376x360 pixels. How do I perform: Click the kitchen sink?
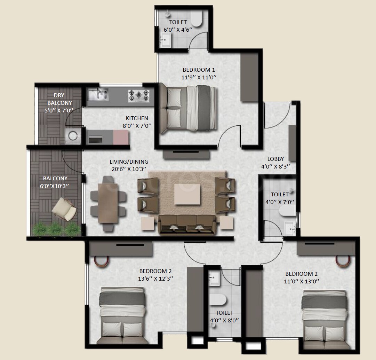pos(98,94)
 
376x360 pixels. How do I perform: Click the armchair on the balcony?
pos(64,209)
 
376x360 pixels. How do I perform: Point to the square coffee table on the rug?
pos(187,194)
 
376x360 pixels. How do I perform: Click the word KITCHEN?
pos(137,118)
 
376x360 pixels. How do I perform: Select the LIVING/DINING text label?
pos(129,162)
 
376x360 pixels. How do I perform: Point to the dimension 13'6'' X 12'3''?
pos(155,278)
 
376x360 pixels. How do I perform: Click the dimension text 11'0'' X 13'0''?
pos(301,281)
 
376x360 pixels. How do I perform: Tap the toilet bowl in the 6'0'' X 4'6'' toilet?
pos(197,20)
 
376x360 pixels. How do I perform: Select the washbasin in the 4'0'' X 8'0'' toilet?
pos(214,278)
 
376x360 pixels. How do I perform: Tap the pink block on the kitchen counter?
pos(121,137)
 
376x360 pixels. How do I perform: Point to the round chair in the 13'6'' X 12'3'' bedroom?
pos(102,261)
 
